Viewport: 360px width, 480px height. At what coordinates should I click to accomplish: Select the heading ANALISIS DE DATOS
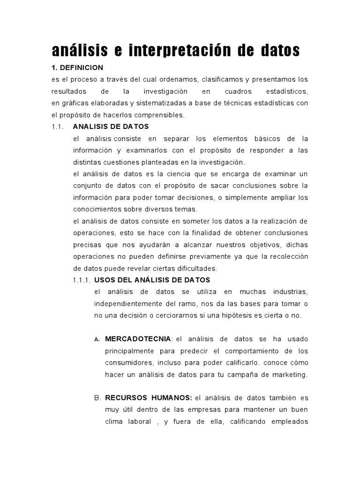[111, 127]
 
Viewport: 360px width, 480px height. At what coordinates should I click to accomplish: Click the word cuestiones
[125, 162]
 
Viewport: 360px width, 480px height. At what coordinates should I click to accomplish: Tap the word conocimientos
[100, 209]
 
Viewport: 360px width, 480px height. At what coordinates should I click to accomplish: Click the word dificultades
[195, 269]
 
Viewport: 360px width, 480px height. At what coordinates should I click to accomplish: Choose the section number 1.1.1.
[82, 280]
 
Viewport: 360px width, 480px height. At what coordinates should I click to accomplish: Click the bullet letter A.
[97, 339]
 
